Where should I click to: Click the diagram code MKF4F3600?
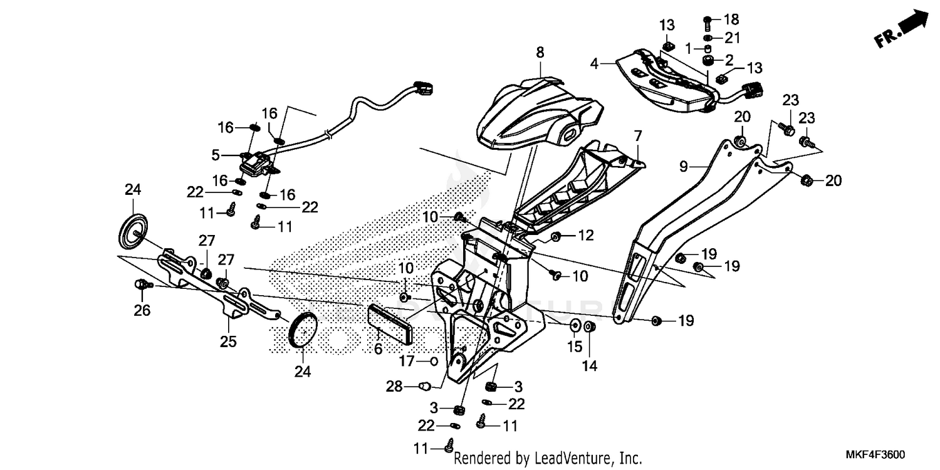coord(877,454)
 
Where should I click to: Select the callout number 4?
coord(594,63)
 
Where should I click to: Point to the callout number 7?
coord(638,135)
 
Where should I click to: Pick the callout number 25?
coord(228,342)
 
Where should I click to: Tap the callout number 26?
coord(142,310)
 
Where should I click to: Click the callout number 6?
coord(378,349)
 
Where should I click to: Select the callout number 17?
coord(407,362)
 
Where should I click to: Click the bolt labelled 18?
coord(707,23)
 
